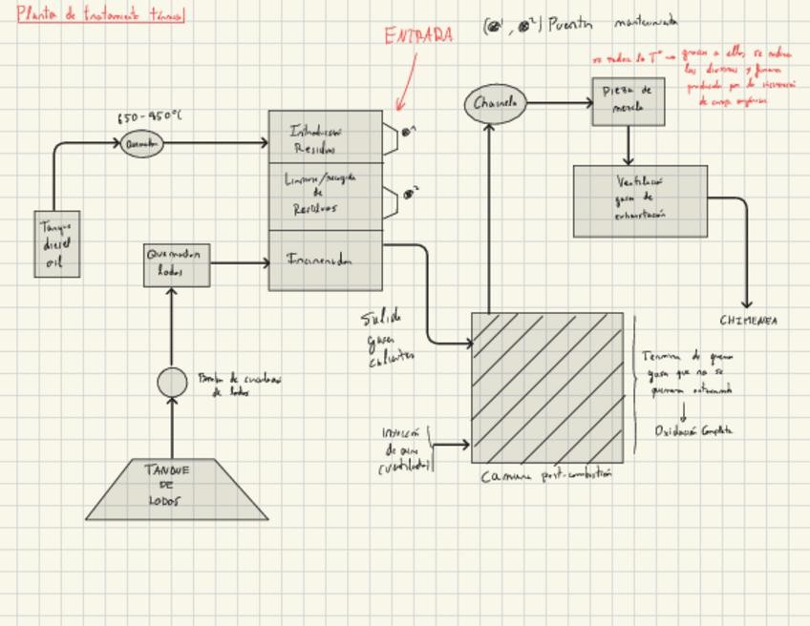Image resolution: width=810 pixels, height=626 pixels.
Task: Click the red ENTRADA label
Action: [x=418, y=36]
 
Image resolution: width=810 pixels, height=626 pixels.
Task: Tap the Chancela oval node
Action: [x=495, y=103]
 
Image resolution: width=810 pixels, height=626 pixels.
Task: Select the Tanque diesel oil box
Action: [x=56, y=244]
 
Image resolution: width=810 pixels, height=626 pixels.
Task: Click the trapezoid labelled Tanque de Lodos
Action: [x=177, y=489]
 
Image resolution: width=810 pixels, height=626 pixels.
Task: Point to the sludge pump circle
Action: [x=172, y=383]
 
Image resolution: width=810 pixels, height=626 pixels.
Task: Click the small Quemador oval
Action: [x=142, y=144]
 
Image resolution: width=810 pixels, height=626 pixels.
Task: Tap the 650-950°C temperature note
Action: [x=149, y=117]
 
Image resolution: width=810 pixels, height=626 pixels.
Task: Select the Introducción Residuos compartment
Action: [x=325, y=136]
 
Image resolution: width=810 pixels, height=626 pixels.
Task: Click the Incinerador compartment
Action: [x=325, y=261]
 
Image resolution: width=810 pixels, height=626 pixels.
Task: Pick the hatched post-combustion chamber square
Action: [x=547, y=386]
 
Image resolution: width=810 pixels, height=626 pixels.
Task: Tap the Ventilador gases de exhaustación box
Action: [x=640, y=200]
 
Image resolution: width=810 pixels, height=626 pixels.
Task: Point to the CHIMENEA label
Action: [x=748, y=321]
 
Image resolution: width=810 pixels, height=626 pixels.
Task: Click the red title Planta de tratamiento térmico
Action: [x=100, y=14]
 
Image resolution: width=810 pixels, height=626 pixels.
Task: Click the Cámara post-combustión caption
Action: [x=546, y=475]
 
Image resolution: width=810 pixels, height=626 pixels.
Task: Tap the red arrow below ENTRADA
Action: [x=406, y=81]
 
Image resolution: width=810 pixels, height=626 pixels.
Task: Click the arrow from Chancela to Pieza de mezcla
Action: [x=559, y=103]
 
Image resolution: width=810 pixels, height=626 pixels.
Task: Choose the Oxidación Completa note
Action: [x=693, y=430]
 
